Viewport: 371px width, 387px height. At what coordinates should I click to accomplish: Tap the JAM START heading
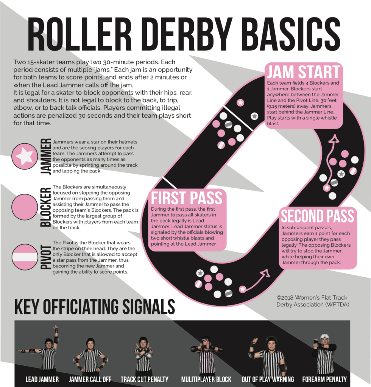click(304, 72)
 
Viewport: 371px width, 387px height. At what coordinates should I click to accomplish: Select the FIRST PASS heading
click(187, 198)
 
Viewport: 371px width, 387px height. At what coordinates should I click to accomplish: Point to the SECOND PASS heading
click(318, 216)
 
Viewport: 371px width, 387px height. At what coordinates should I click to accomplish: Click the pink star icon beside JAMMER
click(25, 156)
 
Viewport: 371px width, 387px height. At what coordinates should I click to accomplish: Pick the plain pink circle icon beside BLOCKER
click(25, 207)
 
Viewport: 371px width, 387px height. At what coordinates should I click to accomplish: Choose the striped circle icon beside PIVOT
click(25, 257)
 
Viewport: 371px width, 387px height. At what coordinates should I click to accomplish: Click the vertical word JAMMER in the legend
click(46, 157)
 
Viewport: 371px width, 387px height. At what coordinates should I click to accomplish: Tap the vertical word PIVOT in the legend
click(46, 257)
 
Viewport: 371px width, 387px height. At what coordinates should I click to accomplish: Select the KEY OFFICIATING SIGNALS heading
click(95, 307)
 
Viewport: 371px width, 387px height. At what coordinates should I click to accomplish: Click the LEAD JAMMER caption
click(42, 379)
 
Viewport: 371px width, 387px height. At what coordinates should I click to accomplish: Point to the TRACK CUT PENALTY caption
click(145, 379)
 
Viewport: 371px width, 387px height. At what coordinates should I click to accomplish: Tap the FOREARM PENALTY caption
click(324, 379)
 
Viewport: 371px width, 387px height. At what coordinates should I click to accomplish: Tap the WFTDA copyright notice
click(313, 301)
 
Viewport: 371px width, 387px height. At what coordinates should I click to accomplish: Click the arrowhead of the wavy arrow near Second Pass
click(335, 139)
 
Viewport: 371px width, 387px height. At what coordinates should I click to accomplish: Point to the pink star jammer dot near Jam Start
click(240, 103)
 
